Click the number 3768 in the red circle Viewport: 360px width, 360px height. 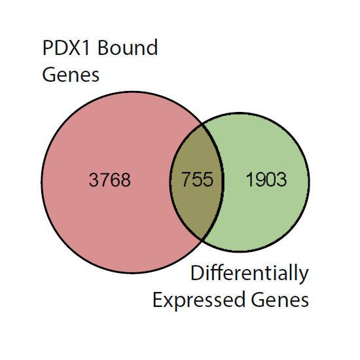(x=110, y=179)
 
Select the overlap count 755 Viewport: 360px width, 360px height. (x=197, y=179)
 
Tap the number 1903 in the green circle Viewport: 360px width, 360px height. (x=266, y=179)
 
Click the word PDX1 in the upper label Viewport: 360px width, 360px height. (x=66, y=48)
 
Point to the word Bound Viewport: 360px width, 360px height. (x=128, y=47)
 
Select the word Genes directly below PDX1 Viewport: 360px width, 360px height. (x=71, y=75)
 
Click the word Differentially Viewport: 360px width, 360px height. (x=249, y=274)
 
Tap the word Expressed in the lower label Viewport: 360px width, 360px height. (x=199, y=300)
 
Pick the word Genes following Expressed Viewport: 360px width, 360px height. (x=280, y=300)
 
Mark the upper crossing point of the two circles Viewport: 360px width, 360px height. (x=202, y=124)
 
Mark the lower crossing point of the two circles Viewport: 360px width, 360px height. (x=202, y=240)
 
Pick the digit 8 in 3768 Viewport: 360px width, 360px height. (x=126, y=179)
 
